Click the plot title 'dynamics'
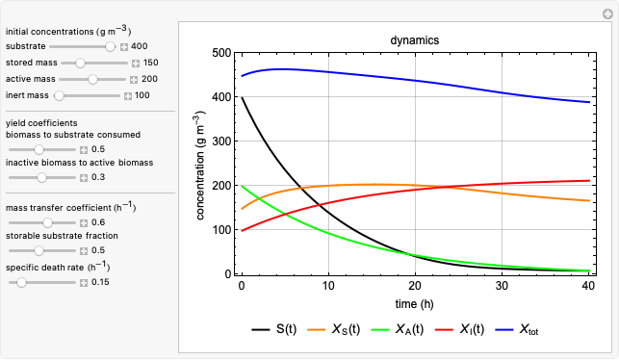[414, 41]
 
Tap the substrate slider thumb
[111, 46]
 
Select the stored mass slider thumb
[81, 63]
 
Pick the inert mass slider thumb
[59, 95]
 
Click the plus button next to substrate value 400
[123, 46]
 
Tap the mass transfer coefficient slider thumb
[48, 222]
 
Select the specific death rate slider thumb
[21, 282]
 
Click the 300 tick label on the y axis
[220, 141]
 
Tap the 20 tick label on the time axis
[415, 286]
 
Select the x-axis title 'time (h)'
[414, 303]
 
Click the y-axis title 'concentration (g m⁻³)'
[200, 164]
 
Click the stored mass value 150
[150, 63]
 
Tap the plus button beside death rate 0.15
[84, 282]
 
